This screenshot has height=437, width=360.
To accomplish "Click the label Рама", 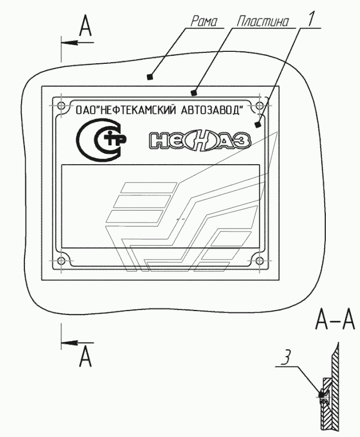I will pos(201,21).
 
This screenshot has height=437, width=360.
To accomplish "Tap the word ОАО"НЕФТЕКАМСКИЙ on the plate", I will pos(122,109).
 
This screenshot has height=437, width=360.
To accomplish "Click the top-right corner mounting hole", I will pos(260,106).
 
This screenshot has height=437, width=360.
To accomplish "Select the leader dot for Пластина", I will pos(194,92).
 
